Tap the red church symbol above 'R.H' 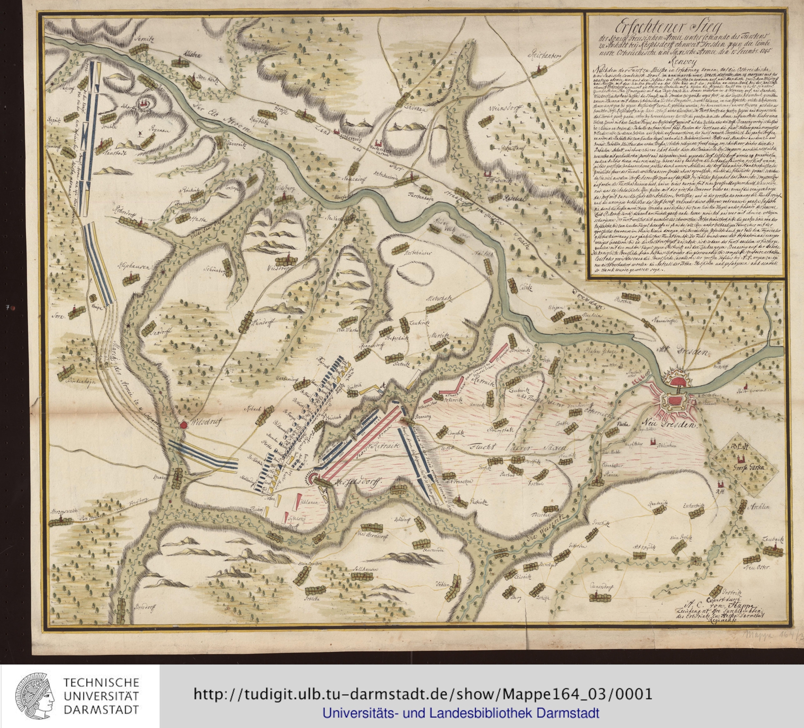coord(721,483)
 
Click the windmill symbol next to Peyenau coord(140,134)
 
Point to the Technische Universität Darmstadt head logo coord(35,696)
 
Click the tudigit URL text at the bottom coord(422,694)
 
